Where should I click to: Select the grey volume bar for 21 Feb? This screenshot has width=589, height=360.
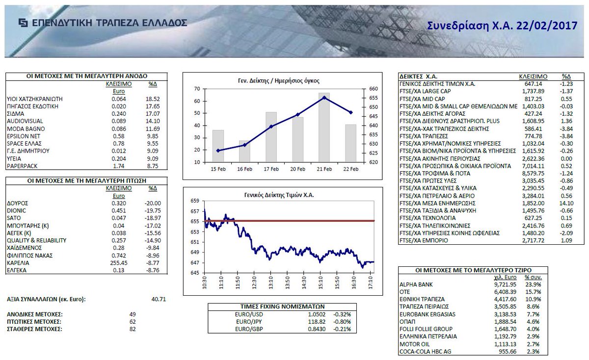pyautogui.click(x=324, y=127)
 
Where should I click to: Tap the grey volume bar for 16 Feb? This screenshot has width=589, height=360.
pyautogui.click(x=244, y=151)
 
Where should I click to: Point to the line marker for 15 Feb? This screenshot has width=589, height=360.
pyautogui.click(x=218, y=151)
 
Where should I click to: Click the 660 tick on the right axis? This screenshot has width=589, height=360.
pyautogui.click(x=373, y=89)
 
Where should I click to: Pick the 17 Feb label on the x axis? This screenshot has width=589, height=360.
pyautogui.click(x=271, y=169)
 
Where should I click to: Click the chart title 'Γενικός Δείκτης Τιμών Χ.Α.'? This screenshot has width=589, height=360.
pyautogui.click(x=278, y=195)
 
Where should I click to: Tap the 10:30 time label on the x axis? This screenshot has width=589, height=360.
pyautogui.click(x=204, y=283)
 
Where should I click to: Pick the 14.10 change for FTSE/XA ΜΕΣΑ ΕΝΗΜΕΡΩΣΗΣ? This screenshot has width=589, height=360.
pyautogui.click(x=567, y=203)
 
